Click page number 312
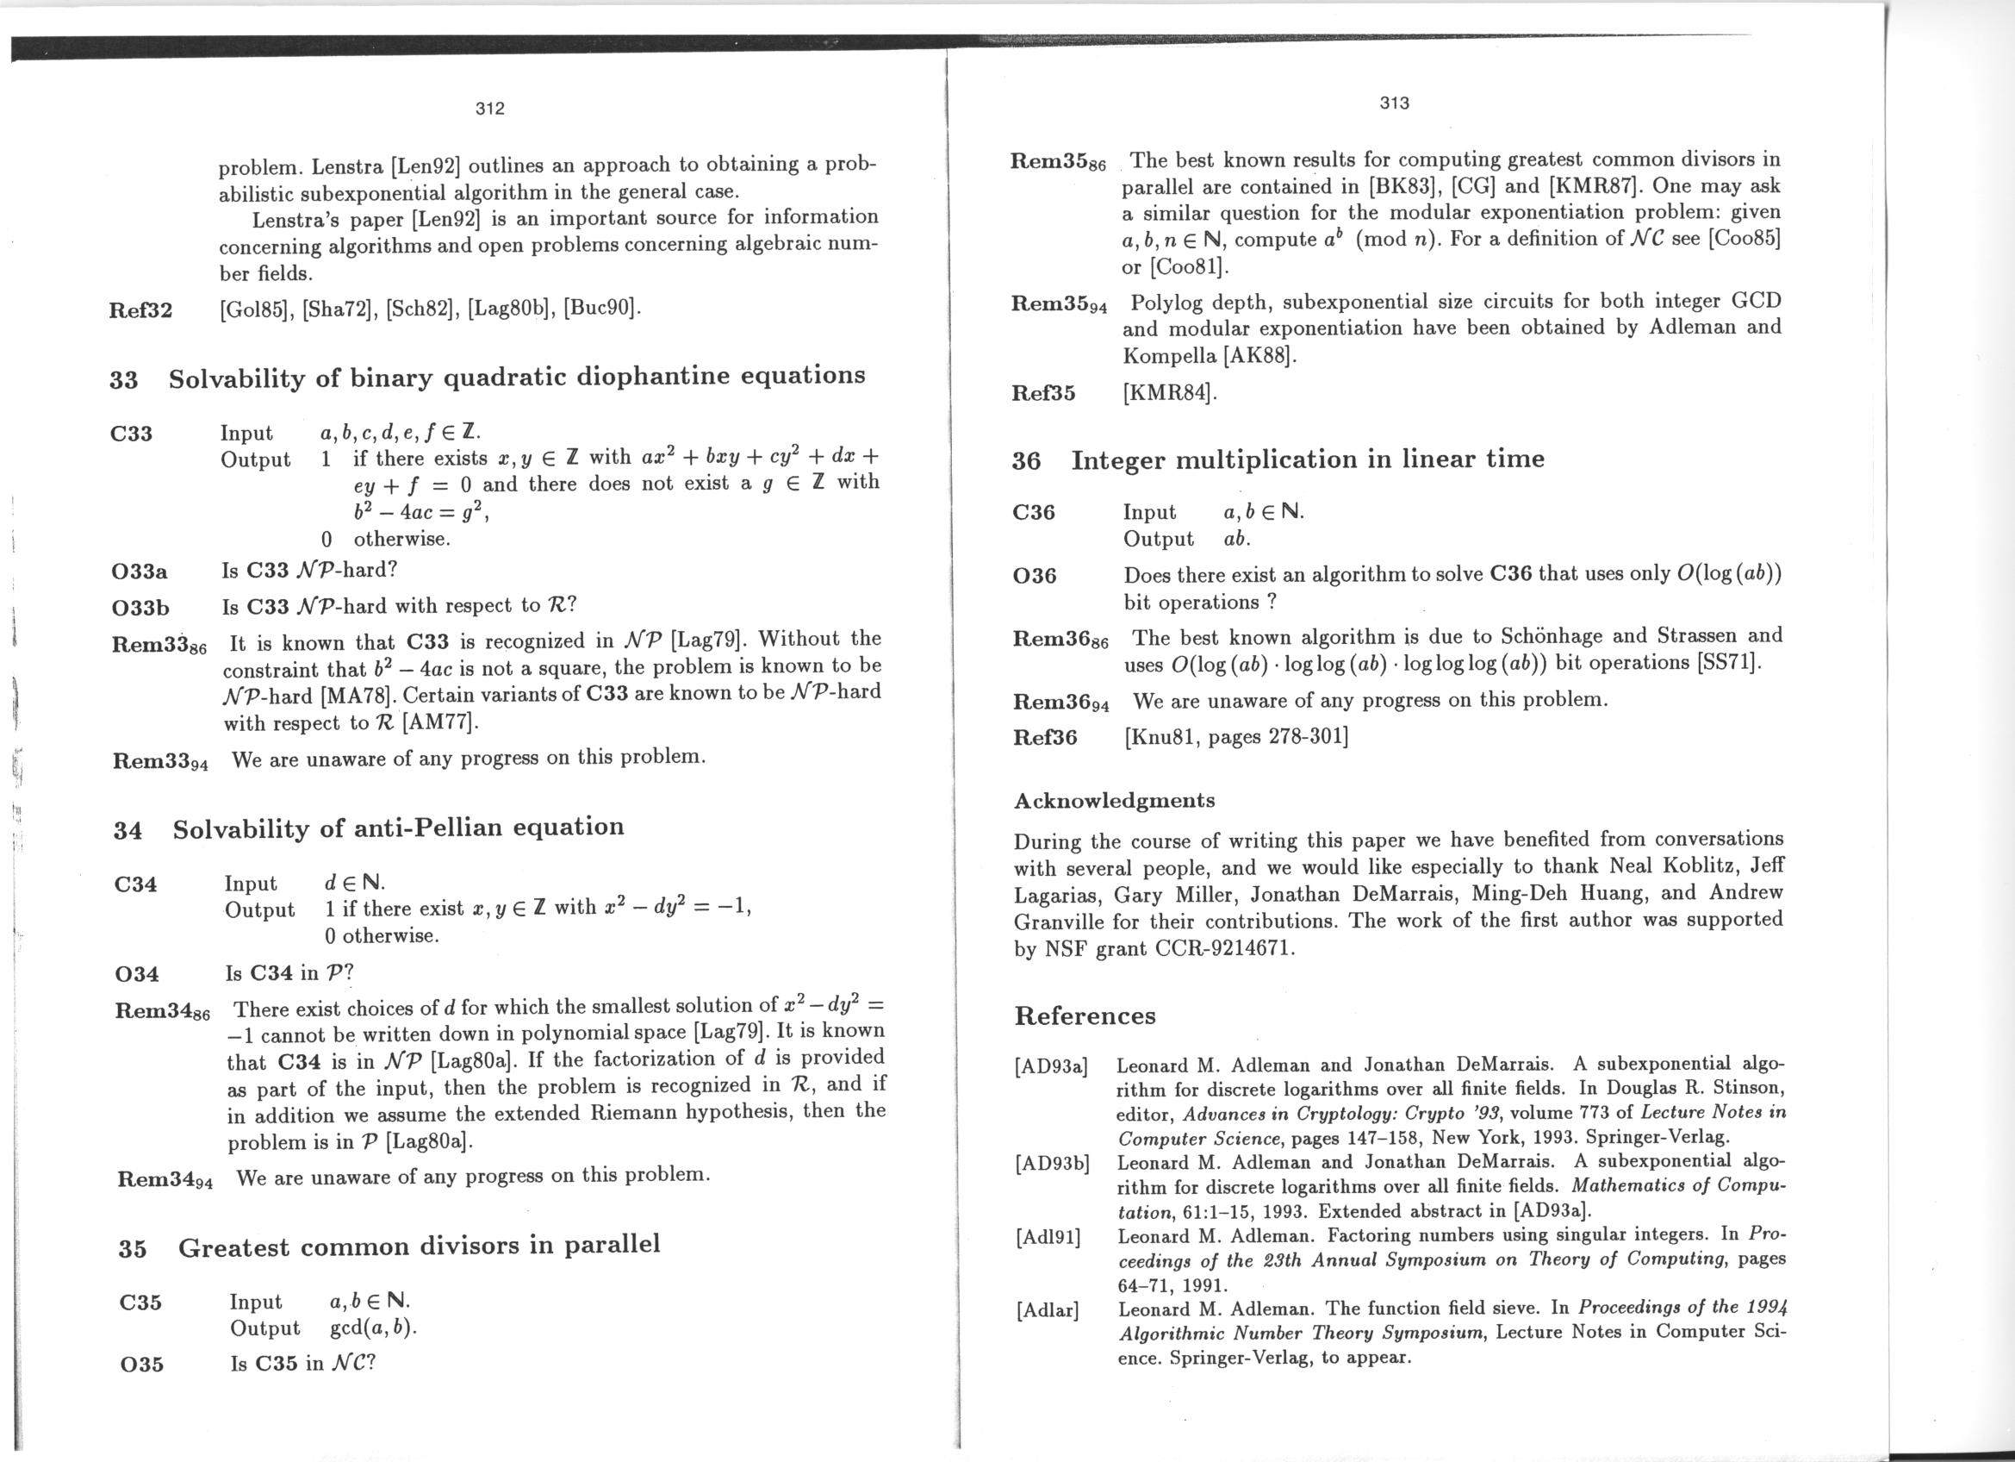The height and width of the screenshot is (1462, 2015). tap(489, 109)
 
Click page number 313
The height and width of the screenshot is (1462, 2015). tap(1394, 103)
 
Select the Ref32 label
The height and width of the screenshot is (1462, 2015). tap(140, 310)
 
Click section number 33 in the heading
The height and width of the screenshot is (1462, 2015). tap(123, 380)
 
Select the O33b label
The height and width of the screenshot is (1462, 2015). tap(140, 608)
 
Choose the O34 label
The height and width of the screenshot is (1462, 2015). tap(138, 974)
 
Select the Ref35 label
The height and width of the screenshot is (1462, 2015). tap(1043, 393)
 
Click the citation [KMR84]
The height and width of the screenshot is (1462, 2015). tap(1169, 392)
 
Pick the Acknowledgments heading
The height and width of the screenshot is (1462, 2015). tap(1114, 800)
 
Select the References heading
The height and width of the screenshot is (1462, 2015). tap(1085, 1015)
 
